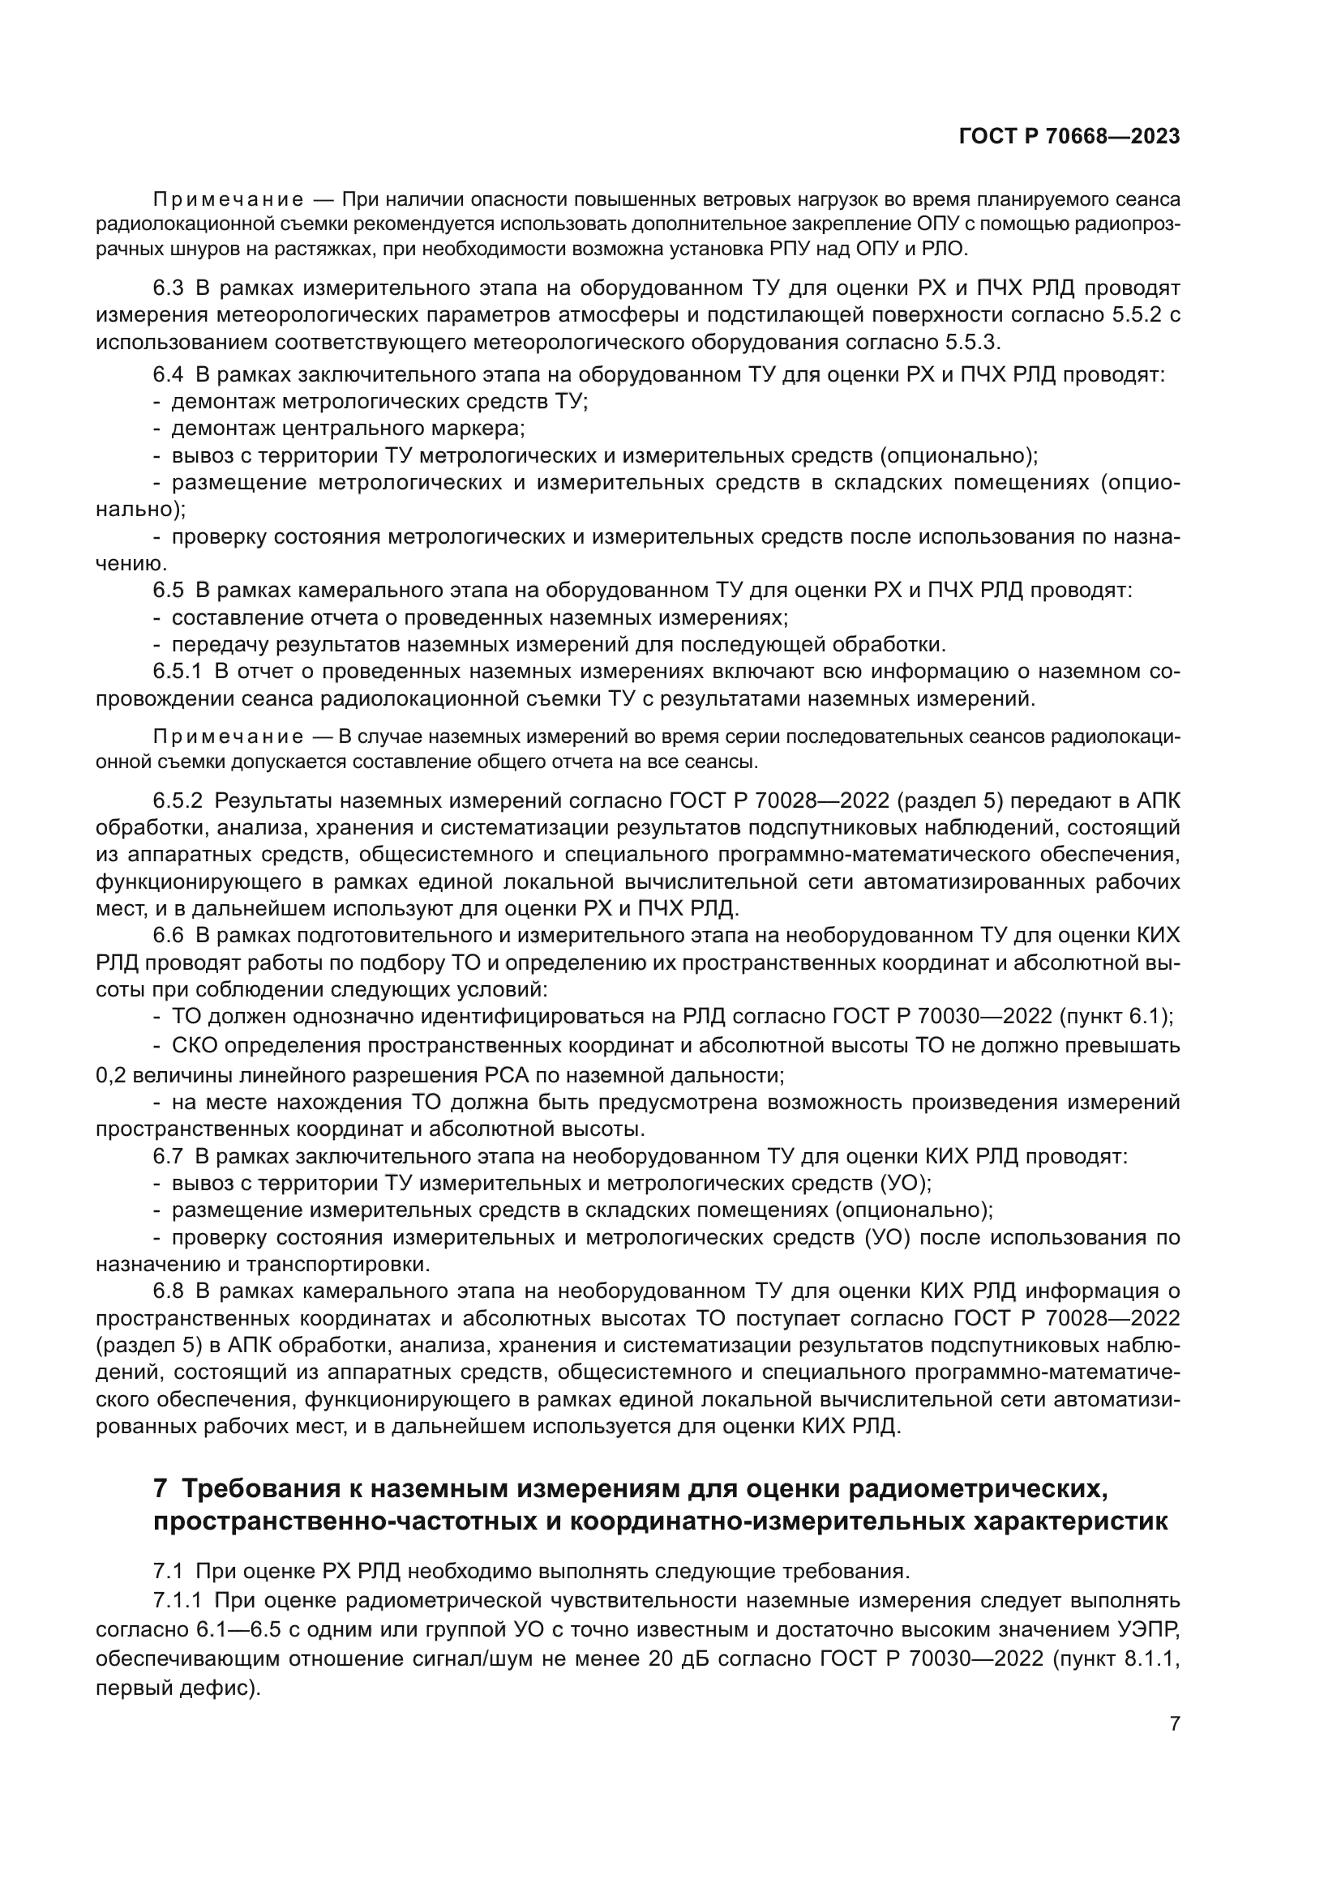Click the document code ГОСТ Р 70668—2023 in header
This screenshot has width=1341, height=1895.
coord(1069,137)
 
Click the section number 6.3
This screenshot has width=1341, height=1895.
coord(169,288)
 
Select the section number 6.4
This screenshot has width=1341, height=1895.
coord(169,375)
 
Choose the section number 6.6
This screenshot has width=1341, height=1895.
coord(169,936)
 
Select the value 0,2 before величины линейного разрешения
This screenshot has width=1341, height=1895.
coord(110,1075)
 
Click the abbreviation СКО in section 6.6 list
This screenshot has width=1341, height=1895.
coord(194,1046)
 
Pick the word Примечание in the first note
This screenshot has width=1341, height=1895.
coord(228,201)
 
